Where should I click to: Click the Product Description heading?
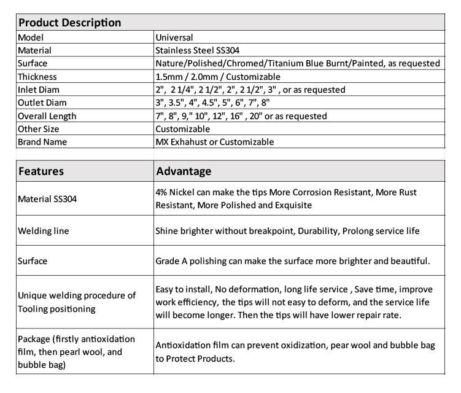[x=69, y=23]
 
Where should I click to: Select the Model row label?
[x=30, y=37]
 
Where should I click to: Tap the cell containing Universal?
[x=174, y=37]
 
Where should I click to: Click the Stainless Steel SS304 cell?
[x=196, y=50]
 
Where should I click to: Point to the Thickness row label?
[x=37, y=77]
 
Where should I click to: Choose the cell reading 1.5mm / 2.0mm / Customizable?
[x=218, y=77]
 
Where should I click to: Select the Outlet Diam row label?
[x=42, y=103]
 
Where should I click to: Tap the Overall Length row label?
[x=47, y=116]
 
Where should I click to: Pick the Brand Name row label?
[x=42, y=142]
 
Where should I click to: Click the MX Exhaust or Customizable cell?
[x=214, y=142]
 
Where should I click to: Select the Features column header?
[x=41, y=171]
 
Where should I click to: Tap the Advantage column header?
[x=184, y=171]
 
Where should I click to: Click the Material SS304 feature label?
[x=48, y=198]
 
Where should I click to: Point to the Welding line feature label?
[x=43, y=231]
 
